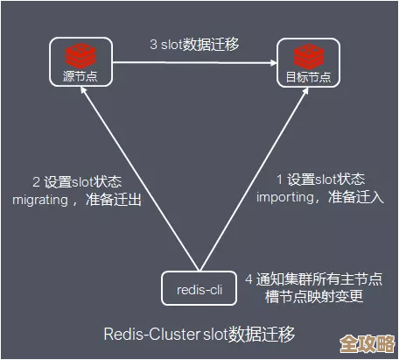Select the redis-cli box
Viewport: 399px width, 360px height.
click(x=199, y=286)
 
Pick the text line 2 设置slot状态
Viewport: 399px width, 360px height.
click(x=77, y=181)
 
